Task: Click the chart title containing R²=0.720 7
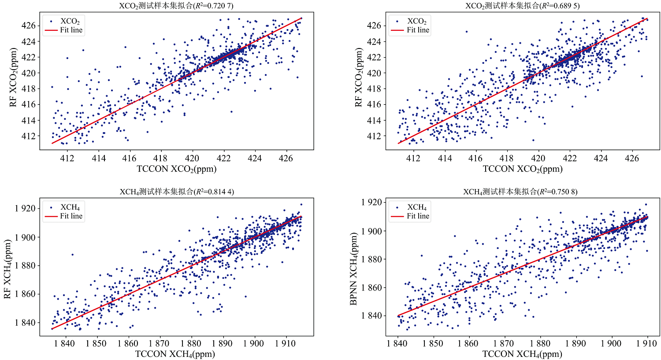click(x=176, y=6)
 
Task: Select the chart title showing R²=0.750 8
click(x=520, y=192)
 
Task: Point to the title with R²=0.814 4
click(x=176, y=192)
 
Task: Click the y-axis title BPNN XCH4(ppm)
click(x=353, y=269)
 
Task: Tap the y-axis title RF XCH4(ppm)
click(x=7, y=269)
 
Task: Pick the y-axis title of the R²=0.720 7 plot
click(x=13, y=84)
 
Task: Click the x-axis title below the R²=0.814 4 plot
click(x=175, y=354)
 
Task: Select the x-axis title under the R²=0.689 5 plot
click(x=523, y=169)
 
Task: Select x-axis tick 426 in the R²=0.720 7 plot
click(x=286, y=158)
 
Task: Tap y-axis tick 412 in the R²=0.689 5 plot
click(x=374, y=136)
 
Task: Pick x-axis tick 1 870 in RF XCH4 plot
click(x=159, y=344)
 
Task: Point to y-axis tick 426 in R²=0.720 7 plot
click(x=28, y=26)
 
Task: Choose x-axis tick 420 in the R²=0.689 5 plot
click(x=538, y=158)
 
